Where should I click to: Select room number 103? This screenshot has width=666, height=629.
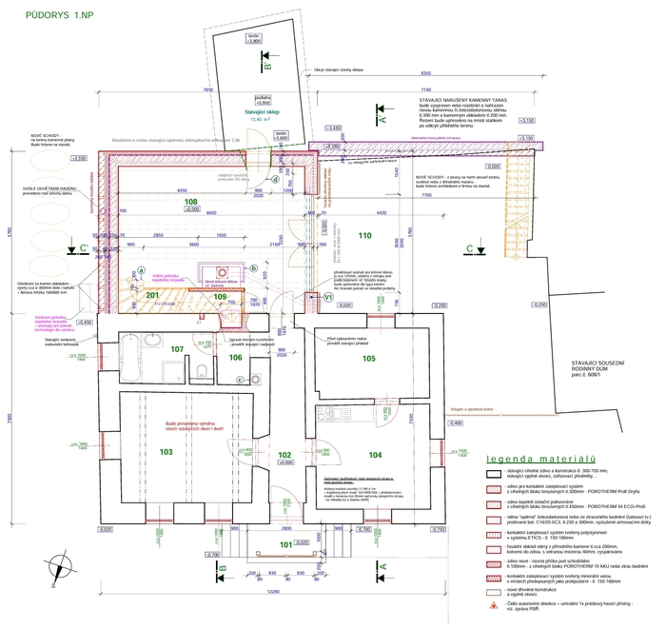[166, 451]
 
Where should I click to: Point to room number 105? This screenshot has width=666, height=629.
[369, 358]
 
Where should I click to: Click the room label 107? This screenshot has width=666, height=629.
[176, 349]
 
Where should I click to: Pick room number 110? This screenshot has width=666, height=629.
[363, 234]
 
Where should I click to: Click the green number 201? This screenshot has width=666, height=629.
[153, 296]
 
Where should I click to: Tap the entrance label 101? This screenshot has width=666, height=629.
[286, 543]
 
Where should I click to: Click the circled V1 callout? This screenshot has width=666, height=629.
[328, 297]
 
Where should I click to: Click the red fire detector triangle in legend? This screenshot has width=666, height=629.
[493, 605]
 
